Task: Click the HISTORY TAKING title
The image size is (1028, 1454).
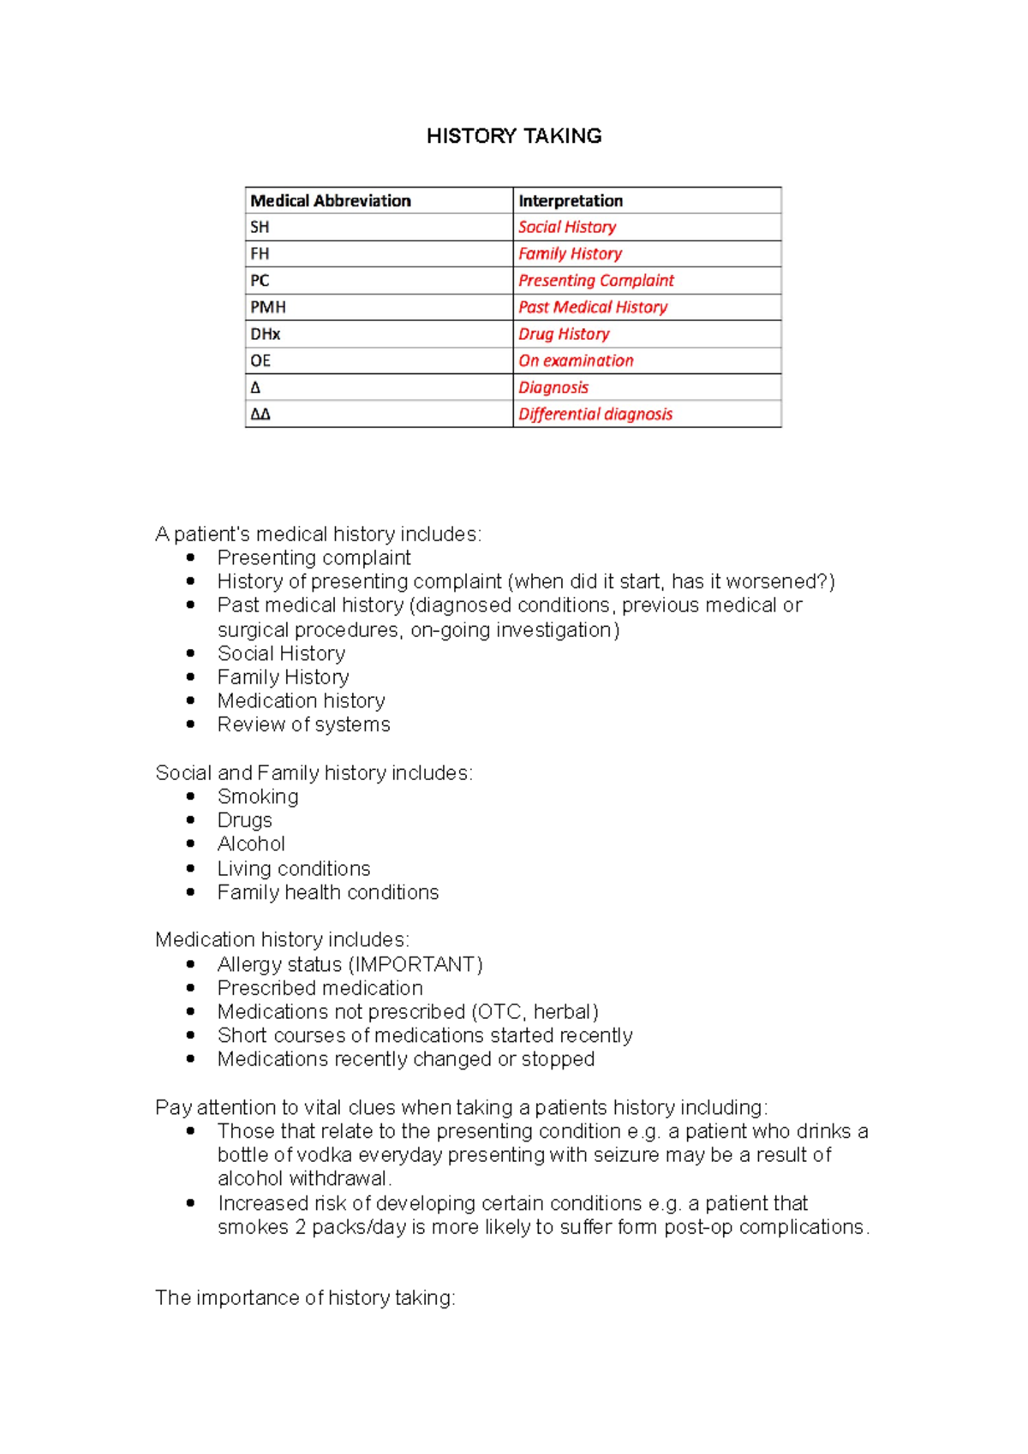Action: (514, 136)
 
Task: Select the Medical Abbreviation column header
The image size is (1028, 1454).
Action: (331, 200)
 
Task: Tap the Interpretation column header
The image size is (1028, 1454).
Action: (571, 200)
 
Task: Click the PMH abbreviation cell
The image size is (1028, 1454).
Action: (268, 307)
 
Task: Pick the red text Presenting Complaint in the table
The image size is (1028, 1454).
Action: (596, 280)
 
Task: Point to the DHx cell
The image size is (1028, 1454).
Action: (266, 334)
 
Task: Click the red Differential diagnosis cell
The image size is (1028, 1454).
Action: (595, 414)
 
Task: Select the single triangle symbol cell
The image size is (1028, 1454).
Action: (255, 387)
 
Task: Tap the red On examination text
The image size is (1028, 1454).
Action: (576, 361)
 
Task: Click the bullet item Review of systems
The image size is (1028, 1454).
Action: (303, 724)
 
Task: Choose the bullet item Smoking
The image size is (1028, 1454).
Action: (258, 796)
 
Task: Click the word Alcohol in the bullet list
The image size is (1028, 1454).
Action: (251, 843)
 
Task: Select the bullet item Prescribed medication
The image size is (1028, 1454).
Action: (320, 987)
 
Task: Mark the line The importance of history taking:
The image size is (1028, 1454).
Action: (305, 1298)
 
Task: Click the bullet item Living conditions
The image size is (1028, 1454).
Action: (293, 868)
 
